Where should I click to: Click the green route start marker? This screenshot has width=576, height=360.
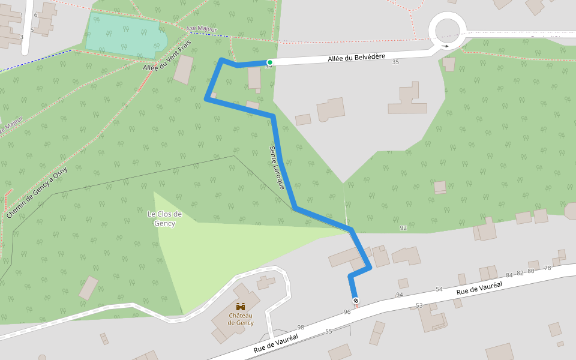[269, 62]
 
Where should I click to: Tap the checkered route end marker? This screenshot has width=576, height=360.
[355, 300]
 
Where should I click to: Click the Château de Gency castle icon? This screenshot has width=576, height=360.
[241, 307]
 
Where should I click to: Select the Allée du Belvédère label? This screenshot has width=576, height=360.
[356, 58]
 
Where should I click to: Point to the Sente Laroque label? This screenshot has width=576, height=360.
[277, 167]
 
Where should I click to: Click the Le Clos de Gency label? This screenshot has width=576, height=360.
[164, 218]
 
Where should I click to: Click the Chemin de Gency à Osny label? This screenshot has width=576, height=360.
[37, 193]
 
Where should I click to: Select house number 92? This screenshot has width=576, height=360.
[403, 228]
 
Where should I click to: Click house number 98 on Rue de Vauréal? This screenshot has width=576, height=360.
[301, 327]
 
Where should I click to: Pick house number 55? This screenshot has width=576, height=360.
[329, 331]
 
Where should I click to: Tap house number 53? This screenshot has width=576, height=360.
[419, 305]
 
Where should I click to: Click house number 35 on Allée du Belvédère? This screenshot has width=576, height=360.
[395, 62]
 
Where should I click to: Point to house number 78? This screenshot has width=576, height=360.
[547, 268]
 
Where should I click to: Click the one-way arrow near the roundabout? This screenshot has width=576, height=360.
[445, 46]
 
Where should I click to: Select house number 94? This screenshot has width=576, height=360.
[400, 295]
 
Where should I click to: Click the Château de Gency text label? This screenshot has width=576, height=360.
[241, 319]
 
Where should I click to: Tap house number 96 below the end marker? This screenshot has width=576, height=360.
[347, 312]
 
